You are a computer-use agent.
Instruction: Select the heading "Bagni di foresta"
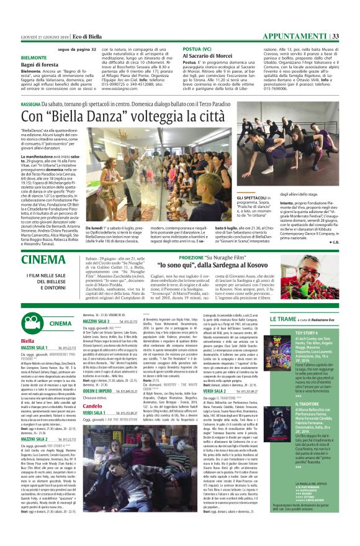(x=40, y=65)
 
